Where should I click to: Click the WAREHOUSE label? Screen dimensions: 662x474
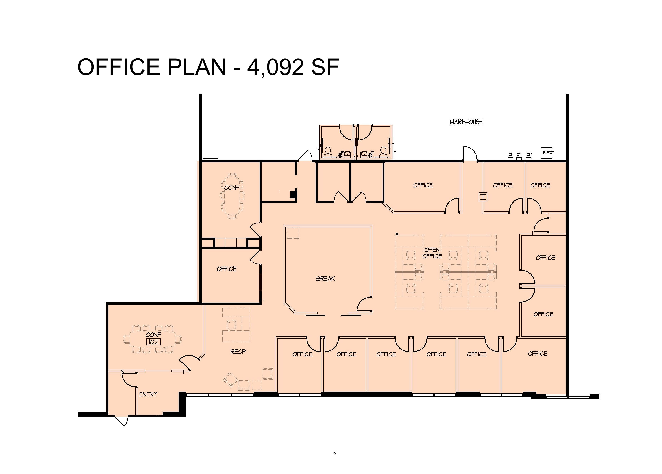(x=466, y=122)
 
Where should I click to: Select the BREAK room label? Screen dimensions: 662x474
(x=325, y=279)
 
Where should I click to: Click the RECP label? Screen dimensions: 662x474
(x=238, y=352)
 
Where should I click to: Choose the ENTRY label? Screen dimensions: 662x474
(x=148, y=394)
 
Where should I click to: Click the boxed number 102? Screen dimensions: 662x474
(x=153, y=342)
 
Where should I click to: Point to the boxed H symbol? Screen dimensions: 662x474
(x=483, y=197)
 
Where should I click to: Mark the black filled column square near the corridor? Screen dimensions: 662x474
(x=293, y=194)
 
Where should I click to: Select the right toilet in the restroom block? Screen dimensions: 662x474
(x=383, y=152)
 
